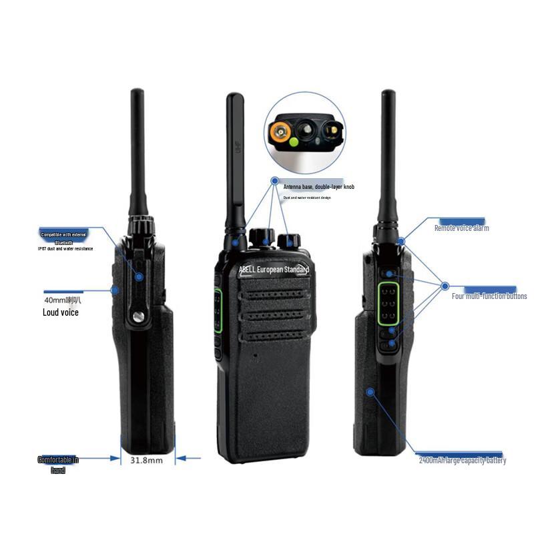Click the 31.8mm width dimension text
pos(146,460)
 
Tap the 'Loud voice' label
pos(61,312)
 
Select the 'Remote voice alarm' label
pos(461,228)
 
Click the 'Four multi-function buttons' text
pos(489,296)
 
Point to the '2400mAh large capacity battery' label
pos(462,460)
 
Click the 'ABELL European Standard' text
pos(274,270)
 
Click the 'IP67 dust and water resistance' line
pos(65,249)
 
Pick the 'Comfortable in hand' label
pos(58,465)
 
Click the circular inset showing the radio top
pos(306,131)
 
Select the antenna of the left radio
pos(138,154)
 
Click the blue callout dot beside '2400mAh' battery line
pos(368,392)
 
